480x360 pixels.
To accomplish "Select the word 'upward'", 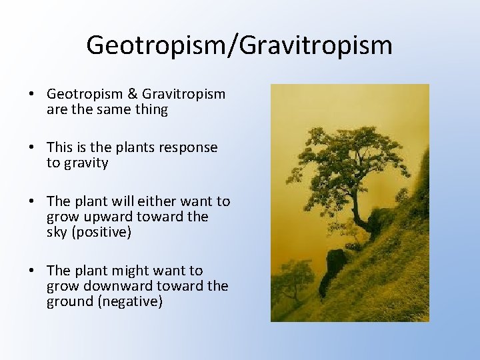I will pos(111,217).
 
